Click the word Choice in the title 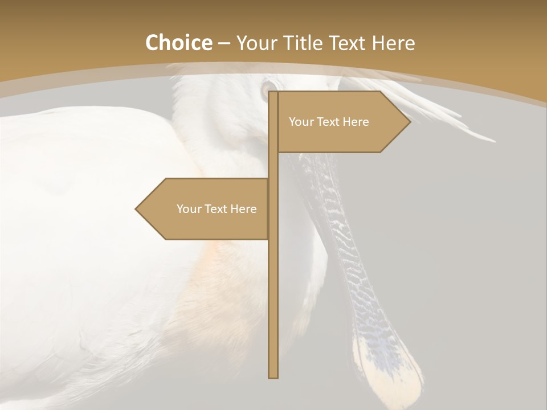(x=178, y=43)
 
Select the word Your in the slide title (x=256, y=43)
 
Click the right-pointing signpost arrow (x=342, y=122)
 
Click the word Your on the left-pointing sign (x=188, y=209)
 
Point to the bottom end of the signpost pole (x=273, y=376)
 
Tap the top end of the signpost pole (x=273, y=93)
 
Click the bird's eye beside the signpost (x=266, y=89)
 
